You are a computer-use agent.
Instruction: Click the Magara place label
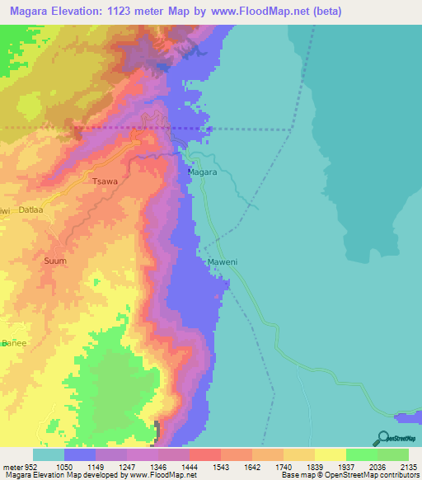tap(202, 172)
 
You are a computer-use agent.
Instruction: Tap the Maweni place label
tap(222, 263)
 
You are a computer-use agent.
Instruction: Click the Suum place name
tap(54, 261)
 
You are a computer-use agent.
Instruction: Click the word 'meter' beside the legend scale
tap(12, 465)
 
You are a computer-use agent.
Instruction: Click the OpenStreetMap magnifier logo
tap(382, 438)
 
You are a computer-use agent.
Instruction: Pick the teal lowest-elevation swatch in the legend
tap(48, 454)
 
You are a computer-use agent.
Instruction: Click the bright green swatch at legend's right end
tap(392, 454)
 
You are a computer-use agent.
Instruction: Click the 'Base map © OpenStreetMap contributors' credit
tap(349, 475)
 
